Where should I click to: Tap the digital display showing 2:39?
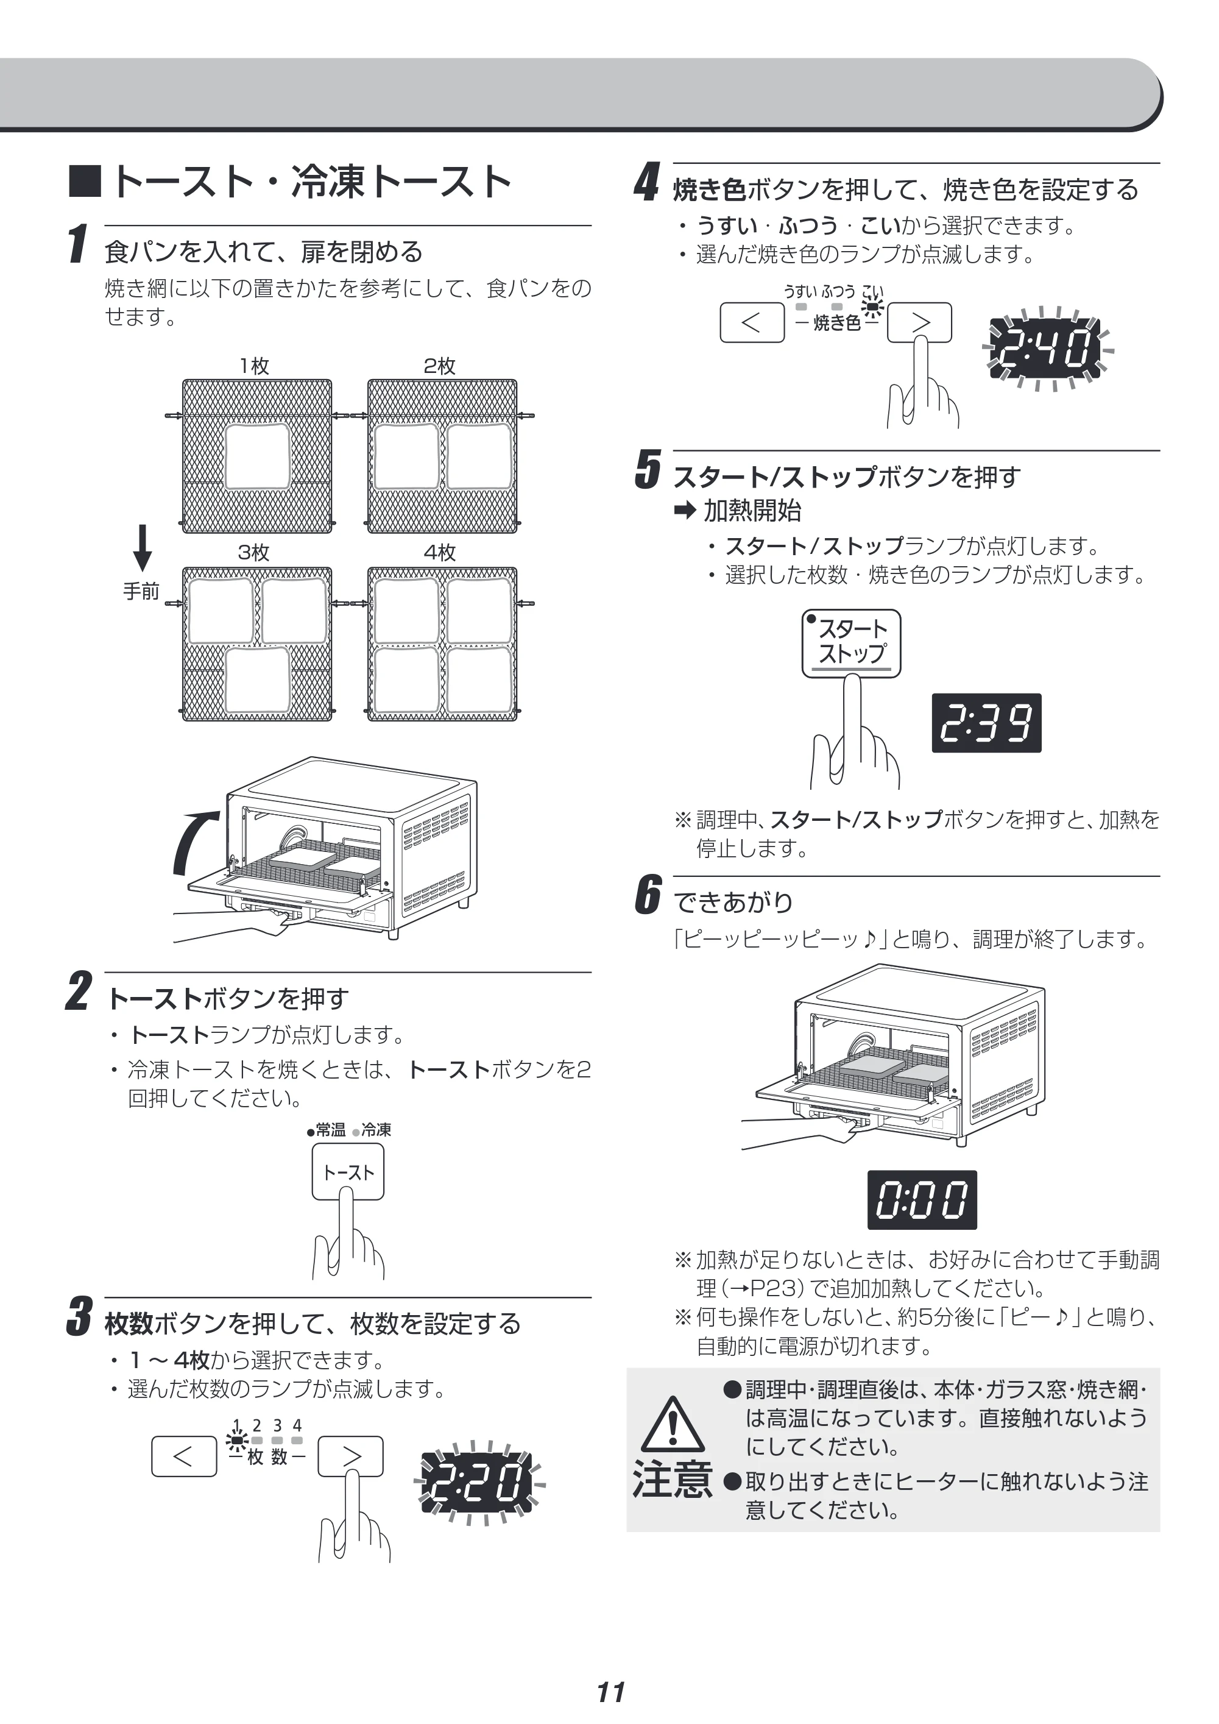pos(986,723)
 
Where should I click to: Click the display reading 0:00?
pos(922,1200)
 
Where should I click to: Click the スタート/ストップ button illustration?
pos(851,644)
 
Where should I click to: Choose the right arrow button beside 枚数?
pos(350,1456)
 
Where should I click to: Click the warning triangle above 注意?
pos(673,1424)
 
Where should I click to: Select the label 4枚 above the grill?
pos(440,553)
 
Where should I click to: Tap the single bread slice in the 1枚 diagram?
pos(258,456)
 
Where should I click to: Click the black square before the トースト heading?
pos(85,182)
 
